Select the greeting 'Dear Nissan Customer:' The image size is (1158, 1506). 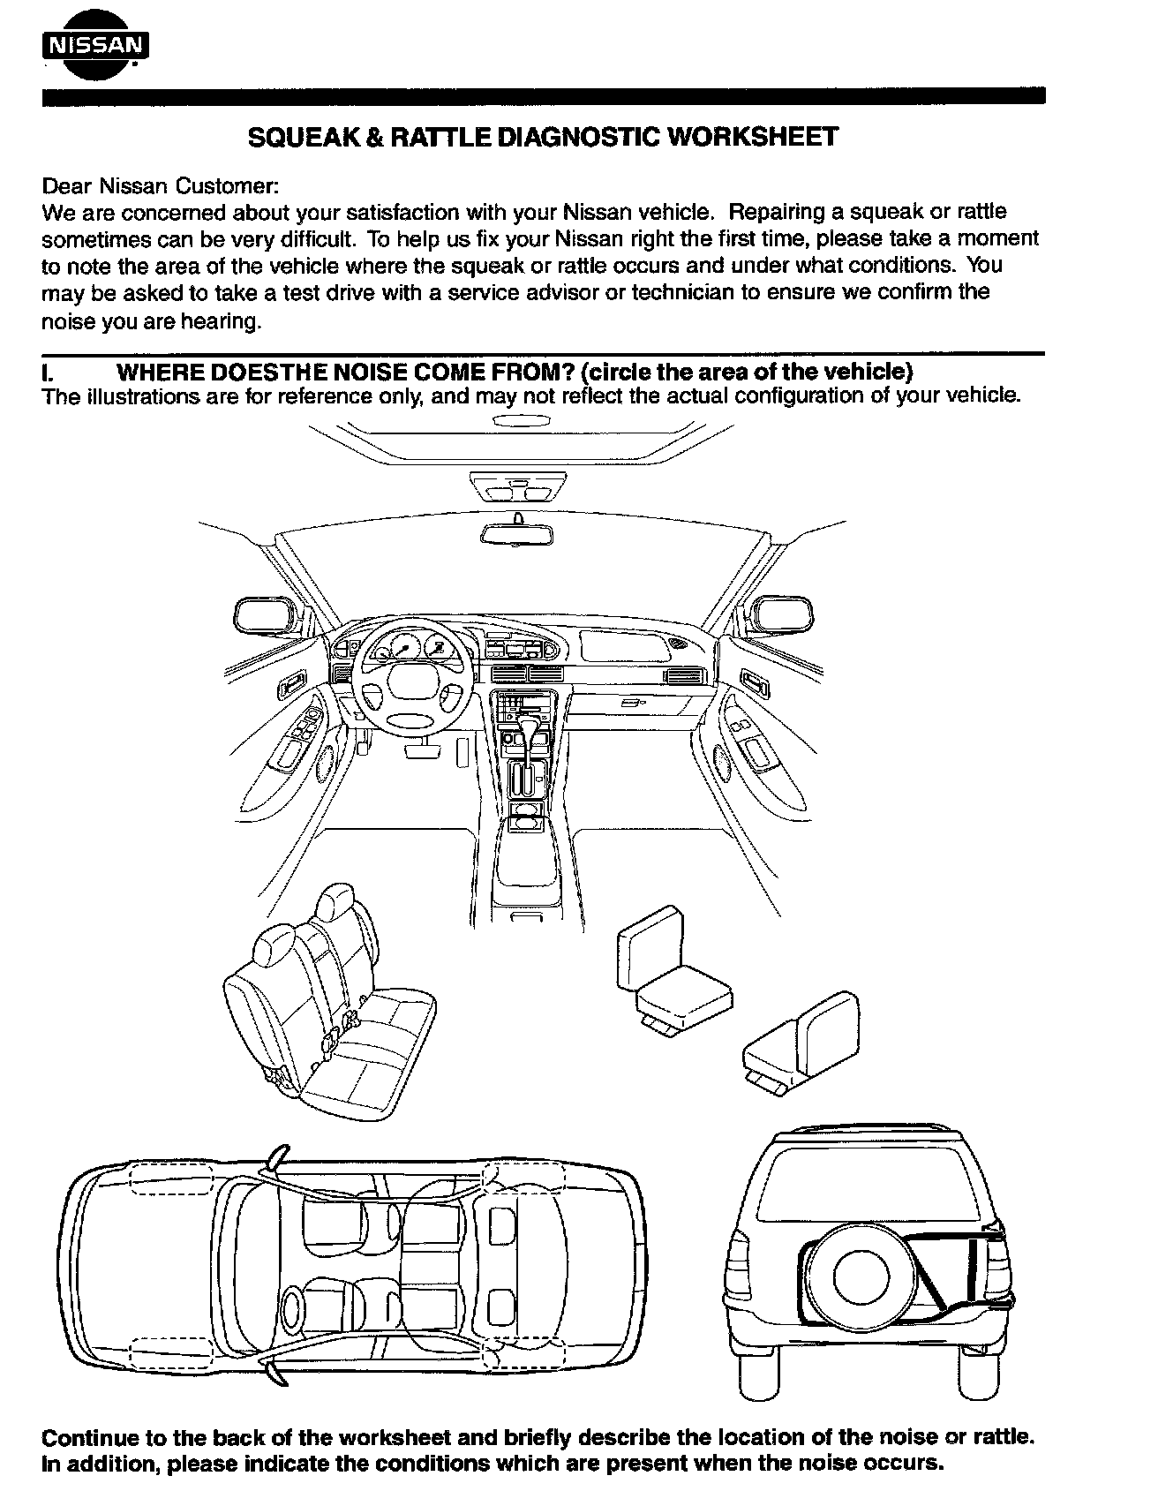161,186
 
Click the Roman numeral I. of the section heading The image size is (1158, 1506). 47,372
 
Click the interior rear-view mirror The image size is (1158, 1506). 517,534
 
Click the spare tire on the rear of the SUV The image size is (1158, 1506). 861,1278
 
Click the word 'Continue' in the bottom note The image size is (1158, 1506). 85,1437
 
